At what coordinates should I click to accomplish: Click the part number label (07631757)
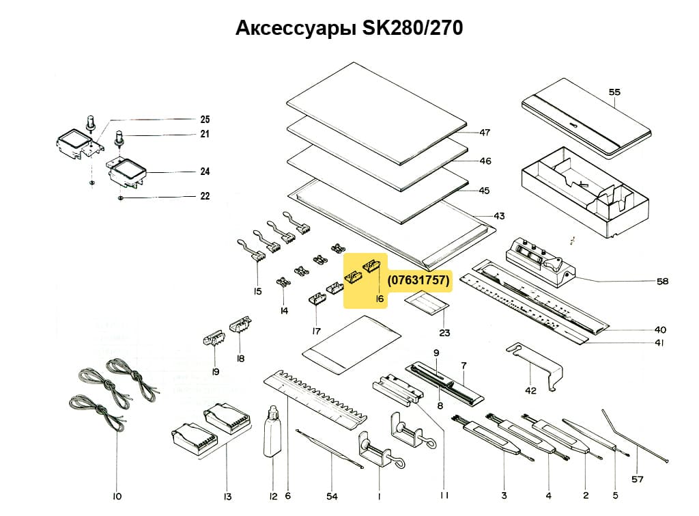click(x=418, y=281)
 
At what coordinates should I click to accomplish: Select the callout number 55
click(x=614, y=92)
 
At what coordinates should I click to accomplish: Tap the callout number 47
click(x=485, y=133)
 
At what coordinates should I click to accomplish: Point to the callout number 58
click(x=662, y=281)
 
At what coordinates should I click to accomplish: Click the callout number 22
click(x=205, y=197)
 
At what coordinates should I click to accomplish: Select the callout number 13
click(x=227, y=495)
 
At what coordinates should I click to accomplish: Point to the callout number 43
click(x=499, y=217)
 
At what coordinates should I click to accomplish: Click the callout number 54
click(x=332, y=495)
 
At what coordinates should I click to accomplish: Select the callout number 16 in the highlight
click(x=380, y=299)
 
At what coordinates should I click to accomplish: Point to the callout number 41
click(x=659, y=343)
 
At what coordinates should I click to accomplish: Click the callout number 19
click(x=215, y=372)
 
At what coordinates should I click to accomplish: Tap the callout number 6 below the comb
click(x=287, y=495)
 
